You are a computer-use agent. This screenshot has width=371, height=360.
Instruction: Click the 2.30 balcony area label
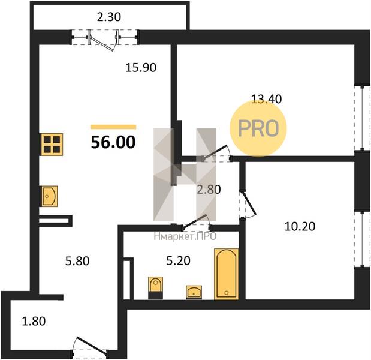pos(109,17)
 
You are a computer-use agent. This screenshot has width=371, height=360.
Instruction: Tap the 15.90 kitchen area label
pos(141,67)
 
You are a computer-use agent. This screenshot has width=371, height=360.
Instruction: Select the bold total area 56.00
pos(113,142)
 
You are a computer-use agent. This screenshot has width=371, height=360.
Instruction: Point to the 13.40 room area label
pos(267,99)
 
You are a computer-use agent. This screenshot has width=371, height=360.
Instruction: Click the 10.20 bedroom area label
pos(300,226)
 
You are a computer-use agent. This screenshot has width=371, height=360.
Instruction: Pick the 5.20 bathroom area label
pos(179,261)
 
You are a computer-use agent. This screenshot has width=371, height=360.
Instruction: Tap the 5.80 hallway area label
pos(77,261)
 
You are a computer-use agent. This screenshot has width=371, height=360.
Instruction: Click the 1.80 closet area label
pos(34,322)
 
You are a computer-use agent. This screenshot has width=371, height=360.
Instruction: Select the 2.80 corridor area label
pos(209,190)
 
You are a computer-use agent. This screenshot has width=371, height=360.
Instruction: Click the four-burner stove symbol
pos(52,145)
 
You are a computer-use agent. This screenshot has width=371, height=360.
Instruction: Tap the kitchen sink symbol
pos(50,196)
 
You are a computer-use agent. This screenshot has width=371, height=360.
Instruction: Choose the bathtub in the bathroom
pos(226,274)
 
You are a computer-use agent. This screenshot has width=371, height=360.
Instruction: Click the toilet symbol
pos(156,287)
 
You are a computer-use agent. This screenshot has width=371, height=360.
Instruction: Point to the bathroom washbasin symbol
pos(194,292)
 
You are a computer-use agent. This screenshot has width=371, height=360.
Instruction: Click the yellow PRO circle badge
pos(258,128)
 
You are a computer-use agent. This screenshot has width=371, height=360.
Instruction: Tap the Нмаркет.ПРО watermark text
pos(185,236)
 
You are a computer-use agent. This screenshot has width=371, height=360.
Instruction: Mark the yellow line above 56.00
pos(113,127)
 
